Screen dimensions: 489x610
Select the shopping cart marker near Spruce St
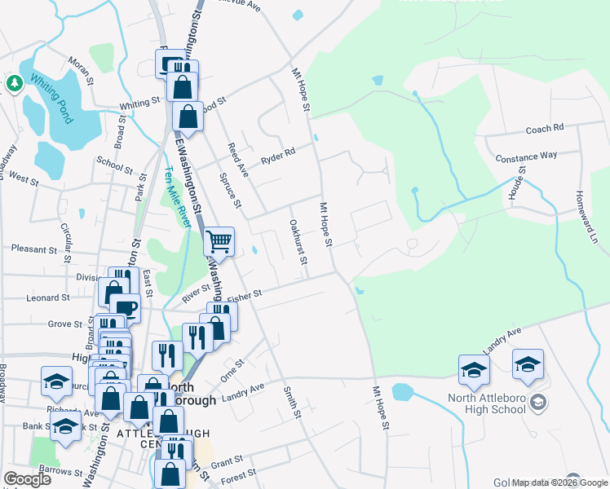pyautogui.click(x=219, y=241)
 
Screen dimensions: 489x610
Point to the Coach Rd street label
pyautogui.click(x=545, y=129)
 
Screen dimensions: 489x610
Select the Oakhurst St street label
pyautogui.click(x=297, y=241)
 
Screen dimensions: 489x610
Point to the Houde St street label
pyautogui.click(x=519, y=183)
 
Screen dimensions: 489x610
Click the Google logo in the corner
pyautogui.click(x=28, y=479)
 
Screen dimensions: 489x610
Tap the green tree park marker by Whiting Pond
pyautogui.click(x=14, y=83)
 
